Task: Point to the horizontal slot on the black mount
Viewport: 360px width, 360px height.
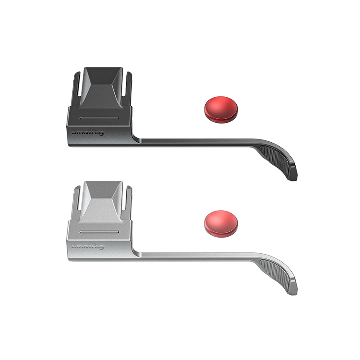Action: click(x=99, y=118)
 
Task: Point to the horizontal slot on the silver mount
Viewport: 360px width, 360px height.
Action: click(x=99, y=232)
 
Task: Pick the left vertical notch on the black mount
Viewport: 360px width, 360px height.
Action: click(x=77, y=85)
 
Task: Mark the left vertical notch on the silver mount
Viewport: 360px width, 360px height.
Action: click(x=77, y=199)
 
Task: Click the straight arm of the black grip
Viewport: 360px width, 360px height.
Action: click(x=193, y=141)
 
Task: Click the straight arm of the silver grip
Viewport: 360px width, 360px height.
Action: click(x=193, y=255)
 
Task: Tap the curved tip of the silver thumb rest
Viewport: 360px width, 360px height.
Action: click(x=292, y=291)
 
